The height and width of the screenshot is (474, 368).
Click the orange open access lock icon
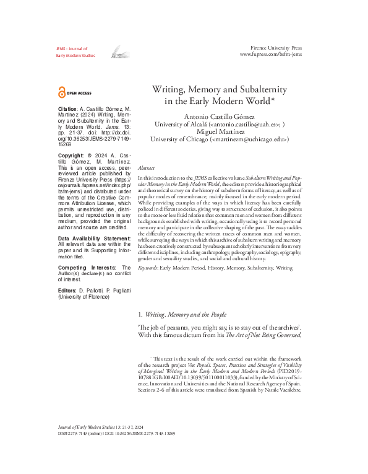[61, 92]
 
